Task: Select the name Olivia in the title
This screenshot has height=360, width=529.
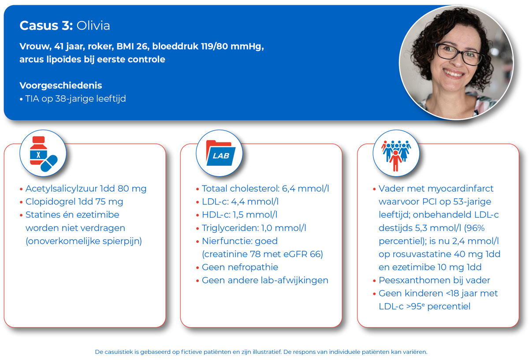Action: [93, 26]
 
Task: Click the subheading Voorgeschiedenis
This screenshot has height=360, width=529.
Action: [61, 85]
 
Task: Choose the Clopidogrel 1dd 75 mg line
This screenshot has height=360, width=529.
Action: [74, 202]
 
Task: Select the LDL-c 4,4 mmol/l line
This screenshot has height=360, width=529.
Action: [240, 202]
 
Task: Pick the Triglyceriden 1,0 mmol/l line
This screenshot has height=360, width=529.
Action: [254, 228]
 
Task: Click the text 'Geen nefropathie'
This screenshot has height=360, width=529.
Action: [240, 267]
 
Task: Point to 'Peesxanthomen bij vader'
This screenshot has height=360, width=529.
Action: [434, 280]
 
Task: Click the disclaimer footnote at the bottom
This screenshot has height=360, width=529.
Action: [261, 352]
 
